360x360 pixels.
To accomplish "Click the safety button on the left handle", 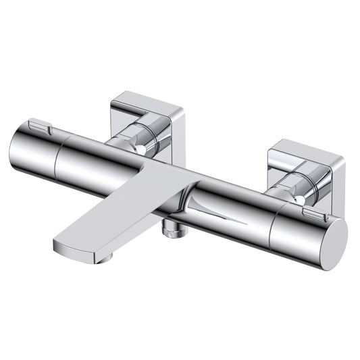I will [x=38, y=126].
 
